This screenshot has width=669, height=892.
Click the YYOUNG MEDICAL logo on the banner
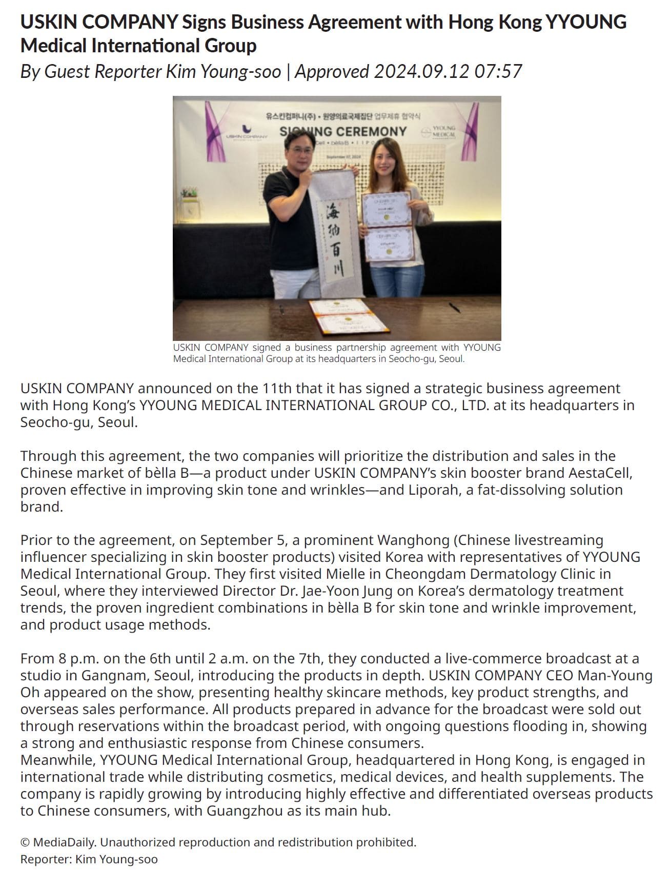(x=440, y=131)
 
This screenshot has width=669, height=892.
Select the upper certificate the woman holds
(x=387, y=209)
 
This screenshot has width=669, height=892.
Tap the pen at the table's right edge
(x=454, y=307)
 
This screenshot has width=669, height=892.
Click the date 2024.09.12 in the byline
(x=421, y=71)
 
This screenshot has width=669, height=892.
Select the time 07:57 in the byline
(x=498, y=71)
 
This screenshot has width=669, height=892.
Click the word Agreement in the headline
(x=354, y=22)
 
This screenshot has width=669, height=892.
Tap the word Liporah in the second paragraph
(x=435, y=490)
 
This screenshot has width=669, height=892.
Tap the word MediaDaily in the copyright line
(x=65, y=842)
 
